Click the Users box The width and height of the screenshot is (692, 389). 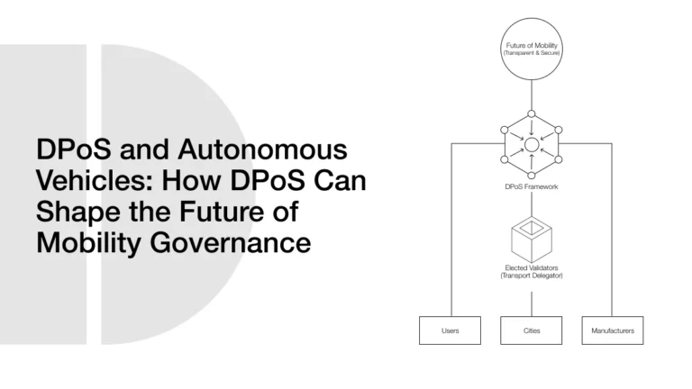click(x=450, y=330)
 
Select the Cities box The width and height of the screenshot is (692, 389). click(x=532, y=330)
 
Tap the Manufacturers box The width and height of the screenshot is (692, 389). click(x=613, y=330)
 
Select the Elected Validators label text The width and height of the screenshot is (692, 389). click(x=531, y=267)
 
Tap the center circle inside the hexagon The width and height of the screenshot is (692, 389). click(x=532, y=144)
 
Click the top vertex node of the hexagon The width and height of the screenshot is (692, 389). click(x=532, y=114)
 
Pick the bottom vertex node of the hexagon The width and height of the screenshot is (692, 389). click(x=532, y=174)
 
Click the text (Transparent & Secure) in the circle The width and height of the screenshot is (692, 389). click(x=531, y=54)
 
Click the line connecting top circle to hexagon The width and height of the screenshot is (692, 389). click(x=532, y=95)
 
